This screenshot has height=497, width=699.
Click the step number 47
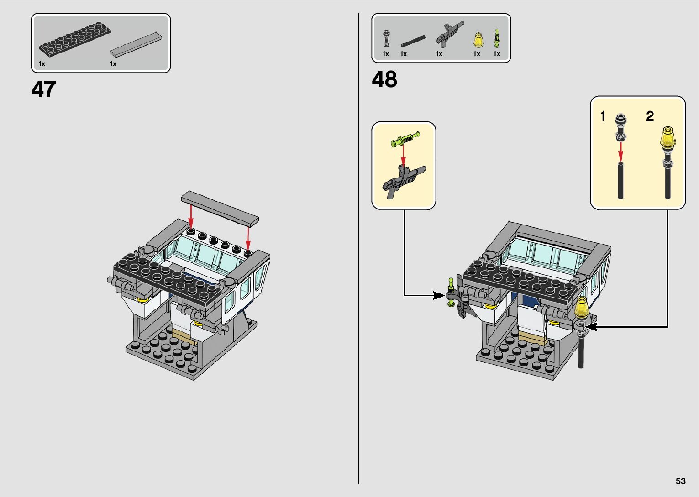[44, 89]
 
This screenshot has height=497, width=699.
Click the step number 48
[384, 80]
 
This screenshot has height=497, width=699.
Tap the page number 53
[680, 481]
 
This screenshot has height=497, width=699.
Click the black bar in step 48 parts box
[413, 41]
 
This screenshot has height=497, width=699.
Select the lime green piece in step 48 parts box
[497, 38]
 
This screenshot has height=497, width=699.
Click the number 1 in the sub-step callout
[603, 116]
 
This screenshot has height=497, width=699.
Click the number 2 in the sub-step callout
[650, 116]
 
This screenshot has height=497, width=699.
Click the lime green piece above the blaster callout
[405, 139]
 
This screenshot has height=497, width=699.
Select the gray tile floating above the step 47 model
[220, 208]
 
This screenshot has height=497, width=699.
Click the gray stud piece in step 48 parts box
[386, 38]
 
